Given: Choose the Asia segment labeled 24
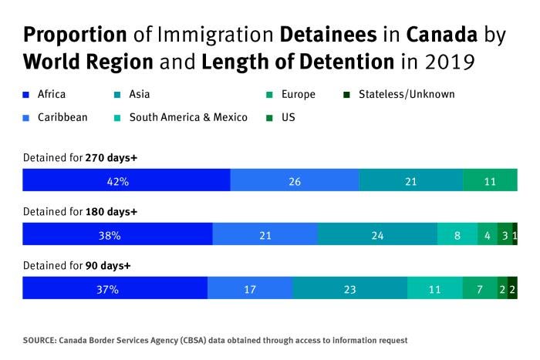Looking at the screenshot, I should pos(377,234).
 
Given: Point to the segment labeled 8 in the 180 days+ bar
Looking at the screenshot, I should pos(457,234).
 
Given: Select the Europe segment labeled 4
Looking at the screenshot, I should pos(488,234).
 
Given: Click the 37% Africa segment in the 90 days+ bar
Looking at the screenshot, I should pos(115,288).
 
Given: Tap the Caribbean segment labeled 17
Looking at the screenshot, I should pos(250,288).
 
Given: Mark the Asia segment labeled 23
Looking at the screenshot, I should pos(349,288).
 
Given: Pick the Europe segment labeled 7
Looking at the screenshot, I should pos(479,288).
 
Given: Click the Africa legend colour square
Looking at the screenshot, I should pos(26,95).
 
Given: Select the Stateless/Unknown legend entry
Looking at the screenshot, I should pos(405,95).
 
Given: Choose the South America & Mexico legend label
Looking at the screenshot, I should pos(188,117).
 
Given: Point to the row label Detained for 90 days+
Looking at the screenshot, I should pos(76,265).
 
